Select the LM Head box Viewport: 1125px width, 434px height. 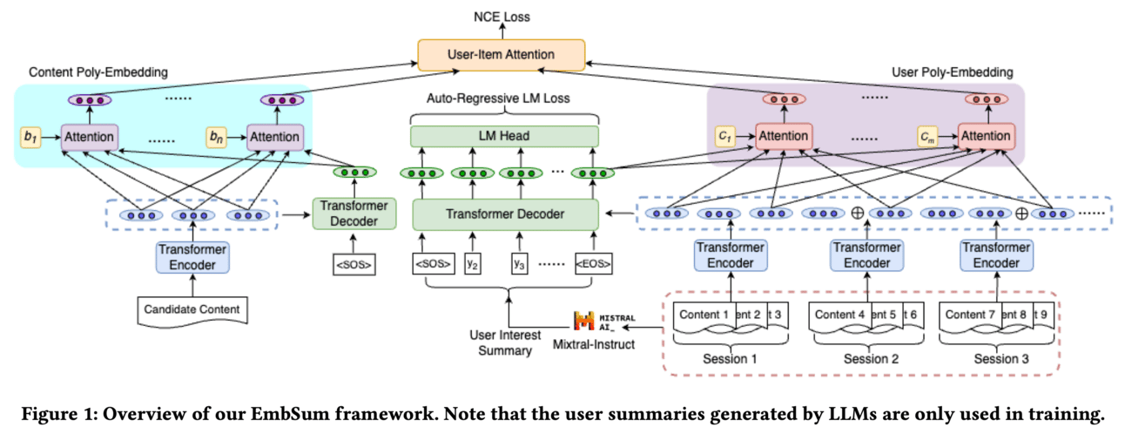tap(504, 136)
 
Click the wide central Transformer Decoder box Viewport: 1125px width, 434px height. tap(505, 214)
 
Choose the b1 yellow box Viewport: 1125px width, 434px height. tap(30, 137)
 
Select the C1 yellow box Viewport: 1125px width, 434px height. tap(724, 136)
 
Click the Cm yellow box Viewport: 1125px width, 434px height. tap(929, 136)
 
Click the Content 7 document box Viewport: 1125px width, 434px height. tap(968, 314)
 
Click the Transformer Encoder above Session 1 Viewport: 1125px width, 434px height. tap(730, 254)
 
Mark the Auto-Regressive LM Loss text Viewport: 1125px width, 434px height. tap(498, 98)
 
